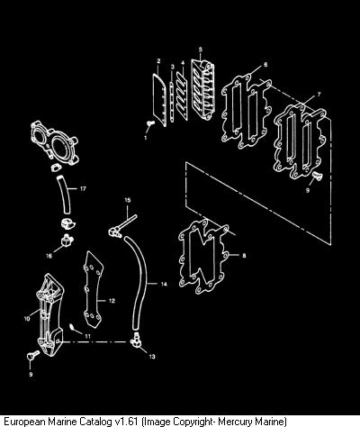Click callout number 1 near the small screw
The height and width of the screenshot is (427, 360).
coord(146,138)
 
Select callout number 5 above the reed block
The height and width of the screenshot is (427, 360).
coord(201,49)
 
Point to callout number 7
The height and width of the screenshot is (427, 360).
coord(319,95)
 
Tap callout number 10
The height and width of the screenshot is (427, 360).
coord(27,319)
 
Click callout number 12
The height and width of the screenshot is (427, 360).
coord(112,301)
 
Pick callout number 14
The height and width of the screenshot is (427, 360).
coord(164,284)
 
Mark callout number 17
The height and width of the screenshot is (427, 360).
coord(83,189)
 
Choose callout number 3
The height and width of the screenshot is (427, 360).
coord(172,67)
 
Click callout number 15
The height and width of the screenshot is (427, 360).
coord(128,200)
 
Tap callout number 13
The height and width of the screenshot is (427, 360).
coord(152,357)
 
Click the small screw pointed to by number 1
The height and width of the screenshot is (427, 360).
coord(150,123)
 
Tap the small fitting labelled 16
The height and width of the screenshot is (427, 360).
coord(67,240)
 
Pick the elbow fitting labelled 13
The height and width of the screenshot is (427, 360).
coord(136,341)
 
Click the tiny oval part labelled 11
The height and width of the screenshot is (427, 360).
coord(73,327)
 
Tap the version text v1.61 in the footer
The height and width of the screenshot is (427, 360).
coord(126,421)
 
